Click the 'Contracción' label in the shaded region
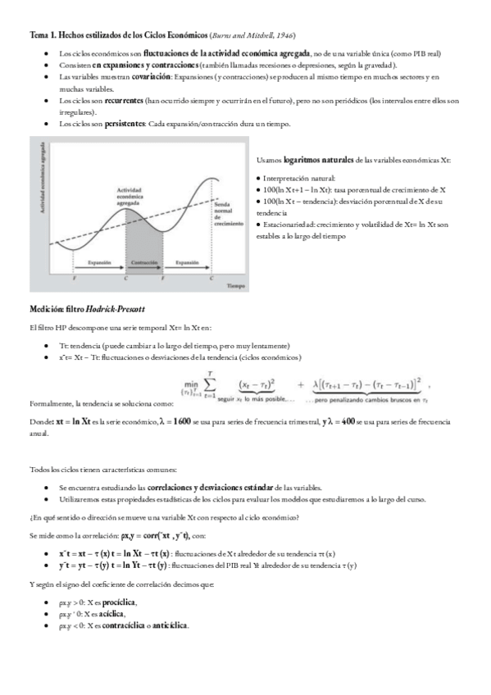143,262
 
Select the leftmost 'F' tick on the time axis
75,279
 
